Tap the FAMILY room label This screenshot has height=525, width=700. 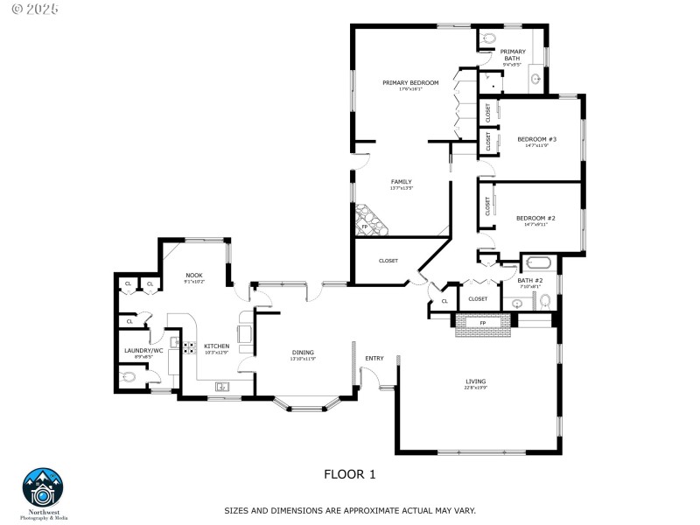tap(402, 182)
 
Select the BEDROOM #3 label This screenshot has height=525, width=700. tap(536, 139)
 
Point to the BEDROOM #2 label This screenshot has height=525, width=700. tap(536, 218)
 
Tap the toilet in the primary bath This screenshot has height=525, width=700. tap(488, 38)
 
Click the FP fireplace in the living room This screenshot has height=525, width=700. tap(482, 323)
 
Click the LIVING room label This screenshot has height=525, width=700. tap(475, 381)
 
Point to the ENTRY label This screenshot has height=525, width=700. tap(374, 358)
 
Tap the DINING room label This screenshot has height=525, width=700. tap(304, 353)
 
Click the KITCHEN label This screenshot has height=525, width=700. tap(217, 346)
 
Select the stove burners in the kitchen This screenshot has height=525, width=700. tap(188, 346)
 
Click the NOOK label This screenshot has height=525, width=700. tap(193, 276)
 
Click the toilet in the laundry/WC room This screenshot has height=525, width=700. tap(129, 378)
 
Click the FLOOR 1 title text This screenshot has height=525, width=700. tap(350, 474)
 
